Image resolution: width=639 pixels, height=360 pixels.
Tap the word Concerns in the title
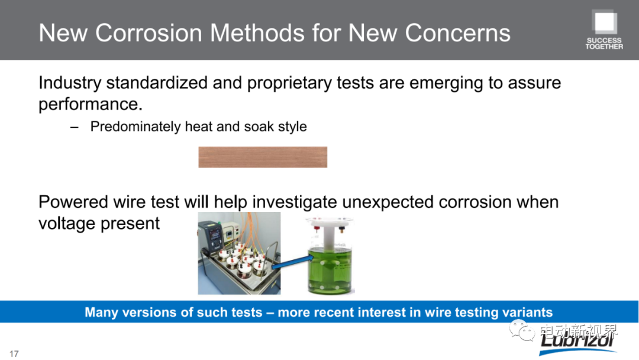457,33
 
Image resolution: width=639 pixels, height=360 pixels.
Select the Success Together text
604,44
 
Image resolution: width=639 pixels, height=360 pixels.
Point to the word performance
91,105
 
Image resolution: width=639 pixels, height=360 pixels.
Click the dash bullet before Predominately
74,127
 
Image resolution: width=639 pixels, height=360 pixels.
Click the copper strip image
263,157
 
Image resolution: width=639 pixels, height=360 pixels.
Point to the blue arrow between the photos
292,262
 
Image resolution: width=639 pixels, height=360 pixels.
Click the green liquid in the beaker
331,269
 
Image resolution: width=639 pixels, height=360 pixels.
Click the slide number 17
14,353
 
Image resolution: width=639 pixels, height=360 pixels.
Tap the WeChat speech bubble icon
522,330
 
